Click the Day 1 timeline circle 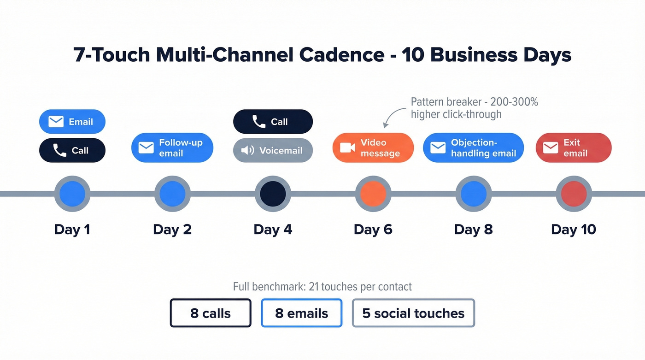(x=72, y=194)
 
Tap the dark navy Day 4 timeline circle (x=273, y=194)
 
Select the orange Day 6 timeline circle (x=373, y=194)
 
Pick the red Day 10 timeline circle (x=574, y=194)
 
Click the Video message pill (x=373, y=148)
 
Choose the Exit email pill (x=574, y=148)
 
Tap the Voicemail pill (x=273, y=151)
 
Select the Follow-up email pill (x=172, y=148)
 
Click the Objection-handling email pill (x=473, y=148)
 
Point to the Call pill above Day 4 (x=273, y=122)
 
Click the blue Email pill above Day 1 (x=72, y=122)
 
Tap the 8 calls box (x=211, y=313)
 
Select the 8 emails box (x=301, y=313)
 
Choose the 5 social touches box (x=413, y=313)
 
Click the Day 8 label (x=473, y=229)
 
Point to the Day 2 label (x=172, y=229)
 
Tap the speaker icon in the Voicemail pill (x=248, y=151)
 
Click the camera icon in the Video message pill (x=347, y=148)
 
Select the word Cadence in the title (x=341, y=55)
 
